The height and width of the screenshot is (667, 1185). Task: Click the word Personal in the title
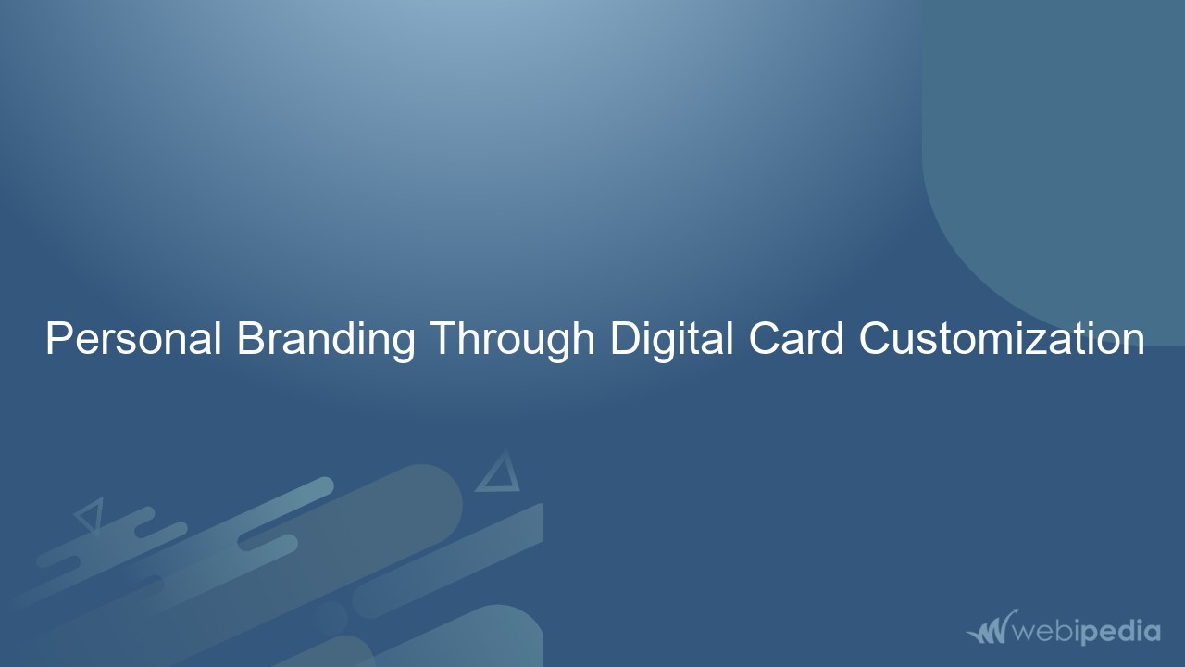pos(133,339)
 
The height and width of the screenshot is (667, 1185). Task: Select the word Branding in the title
pos(326,339)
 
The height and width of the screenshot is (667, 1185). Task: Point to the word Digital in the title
pos(668,339)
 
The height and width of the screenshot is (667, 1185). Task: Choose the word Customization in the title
pos(1001,339)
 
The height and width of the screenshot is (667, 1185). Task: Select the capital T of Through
pos(441,339)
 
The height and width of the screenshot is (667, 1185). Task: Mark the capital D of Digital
pos(621,339)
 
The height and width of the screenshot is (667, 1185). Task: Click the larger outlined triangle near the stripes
pos(498,474)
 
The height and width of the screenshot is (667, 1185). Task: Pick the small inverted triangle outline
pos(90,515)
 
